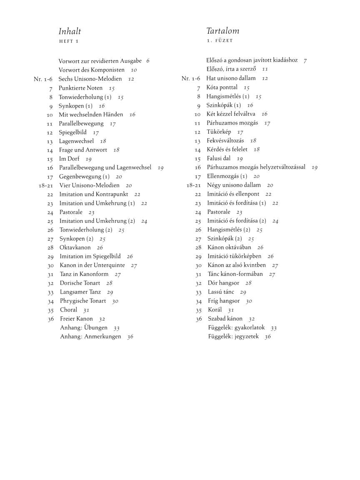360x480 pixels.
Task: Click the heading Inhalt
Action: click(70, 31)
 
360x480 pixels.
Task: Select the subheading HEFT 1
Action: click(68, 41)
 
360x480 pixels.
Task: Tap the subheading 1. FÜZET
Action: click(220, 41)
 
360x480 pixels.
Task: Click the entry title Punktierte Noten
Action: click(80, 88)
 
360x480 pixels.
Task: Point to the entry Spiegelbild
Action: click(72, 132)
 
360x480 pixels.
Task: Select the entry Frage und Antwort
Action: click(83, 150)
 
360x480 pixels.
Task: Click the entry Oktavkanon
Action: click(75, 247)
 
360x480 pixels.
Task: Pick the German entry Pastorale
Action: click(71, 212)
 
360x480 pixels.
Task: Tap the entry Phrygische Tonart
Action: click(82, 301)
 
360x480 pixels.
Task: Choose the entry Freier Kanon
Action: click(76, 319)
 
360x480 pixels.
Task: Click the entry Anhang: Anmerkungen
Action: click(90, 336)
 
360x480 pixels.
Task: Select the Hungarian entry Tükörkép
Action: click(219, 132)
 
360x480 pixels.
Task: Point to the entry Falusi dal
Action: click(218, 158)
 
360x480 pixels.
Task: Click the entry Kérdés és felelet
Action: click(227, 149)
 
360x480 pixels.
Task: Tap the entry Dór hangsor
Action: click(223, 283)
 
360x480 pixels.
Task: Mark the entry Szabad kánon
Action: click(225, 319)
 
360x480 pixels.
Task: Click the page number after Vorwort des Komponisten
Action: click(134, 70)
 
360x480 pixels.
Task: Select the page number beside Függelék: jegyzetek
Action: click(267, 337)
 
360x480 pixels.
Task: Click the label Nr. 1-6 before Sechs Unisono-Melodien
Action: click(43, 79)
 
